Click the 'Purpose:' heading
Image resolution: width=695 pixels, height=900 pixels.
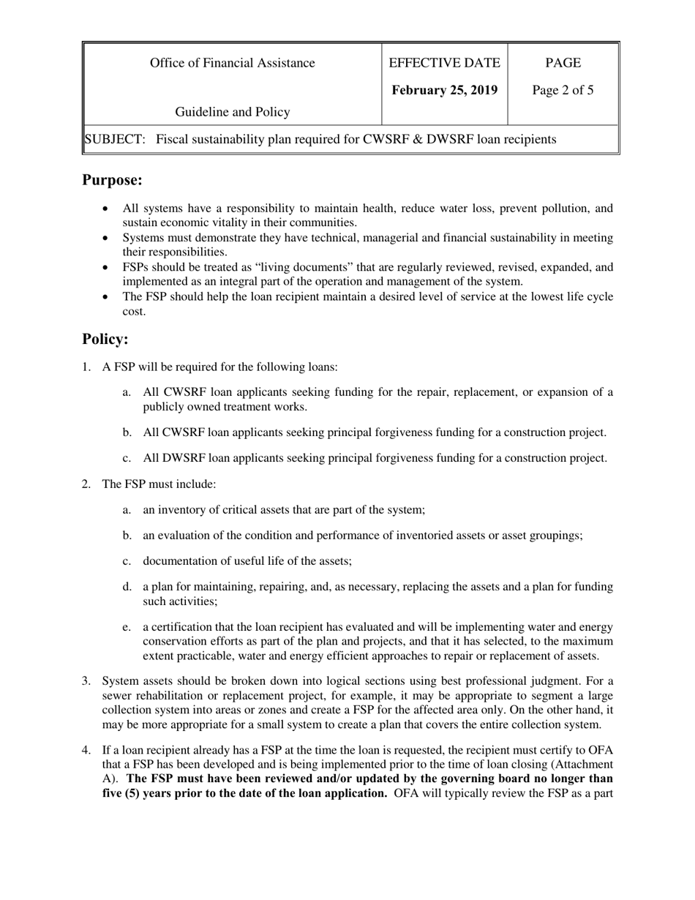(112, 180)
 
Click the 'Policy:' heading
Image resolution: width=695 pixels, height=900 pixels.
(105, 340)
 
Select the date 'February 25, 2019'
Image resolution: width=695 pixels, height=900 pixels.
(445, 90)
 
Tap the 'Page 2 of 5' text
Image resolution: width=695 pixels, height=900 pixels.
(563, 91)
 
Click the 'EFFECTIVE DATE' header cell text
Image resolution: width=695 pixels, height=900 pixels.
(445, 63)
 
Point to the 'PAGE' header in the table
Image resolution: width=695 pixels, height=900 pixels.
(563, 63)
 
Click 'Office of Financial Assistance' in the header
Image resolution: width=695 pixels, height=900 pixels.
(232, 63)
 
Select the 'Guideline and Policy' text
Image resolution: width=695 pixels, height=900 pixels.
(232, 112)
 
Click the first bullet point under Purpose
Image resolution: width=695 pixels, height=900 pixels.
(108, 209)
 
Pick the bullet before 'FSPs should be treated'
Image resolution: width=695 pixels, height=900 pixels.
(108, 269)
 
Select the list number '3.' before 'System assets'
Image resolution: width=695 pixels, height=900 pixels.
(86, 681)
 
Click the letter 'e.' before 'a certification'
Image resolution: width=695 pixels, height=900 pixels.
(127, 627)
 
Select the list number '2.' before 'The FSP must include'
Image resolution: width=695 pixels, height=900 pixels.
(86, 484)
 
